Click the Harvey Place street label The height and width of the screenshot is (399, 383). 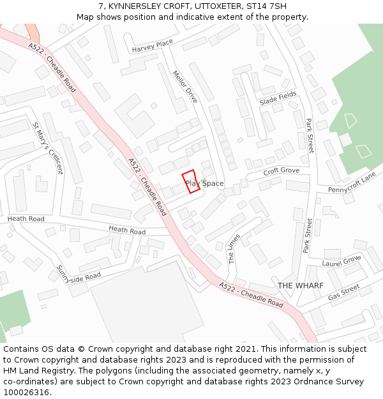tap(152, 46)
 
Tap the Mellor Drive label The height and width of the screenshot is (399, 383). tap(185, 86)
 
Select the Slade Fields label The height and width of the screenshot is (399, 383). tap(278, 98)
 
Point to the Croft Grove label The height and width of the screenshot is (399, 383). tap(282, 172)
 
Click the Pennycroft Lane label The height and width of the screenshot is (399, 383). tap(352, 183)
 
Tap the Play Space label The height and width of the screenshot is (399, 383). tap(205, 184)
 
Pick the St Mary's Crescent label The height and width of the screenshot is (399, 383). tap(48, 148)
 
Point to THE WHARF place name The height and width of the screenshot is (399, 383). tap(300, 285)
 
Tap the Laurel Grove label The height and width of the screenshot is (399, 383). tap(342, 260)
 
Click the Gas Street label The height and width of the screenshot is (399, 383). tap(344, 293)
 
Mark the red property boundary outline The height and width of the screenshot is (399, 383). tap(190, 181)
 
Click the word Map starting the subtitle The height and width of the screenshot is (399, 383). tap(86, 17)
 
